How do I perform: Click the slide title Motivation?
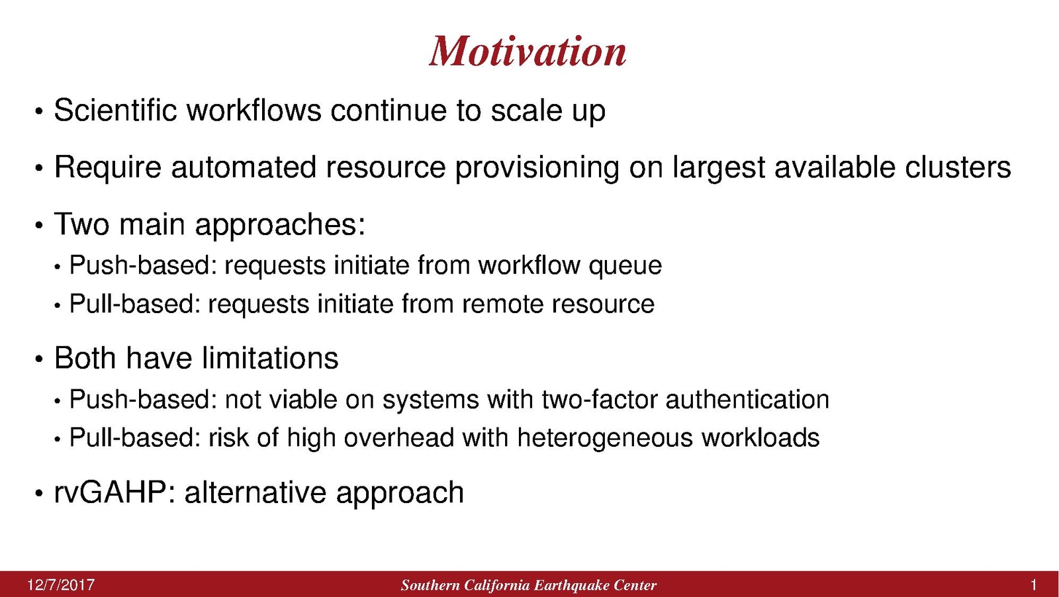coord(528,51)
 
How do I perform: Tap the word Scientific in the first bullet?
coord(115,110)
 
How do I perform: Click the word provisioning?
coord(537,168)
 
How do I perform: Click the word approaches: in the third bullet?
coord(281,225)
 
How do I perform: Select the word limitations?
coord(270,358)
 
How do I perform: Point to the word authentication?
coord(747,399)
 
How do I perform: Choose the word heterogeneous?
coord(605,438)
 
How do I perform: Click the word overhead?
coord(398,437)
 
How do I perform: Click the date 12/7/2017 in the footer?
coord(61,585)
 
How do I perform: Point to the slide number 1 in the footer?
coord(1033,585)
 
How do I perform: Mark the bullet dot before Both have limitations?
coord(39,359)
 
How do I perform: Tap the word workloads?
coord(760,437)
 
